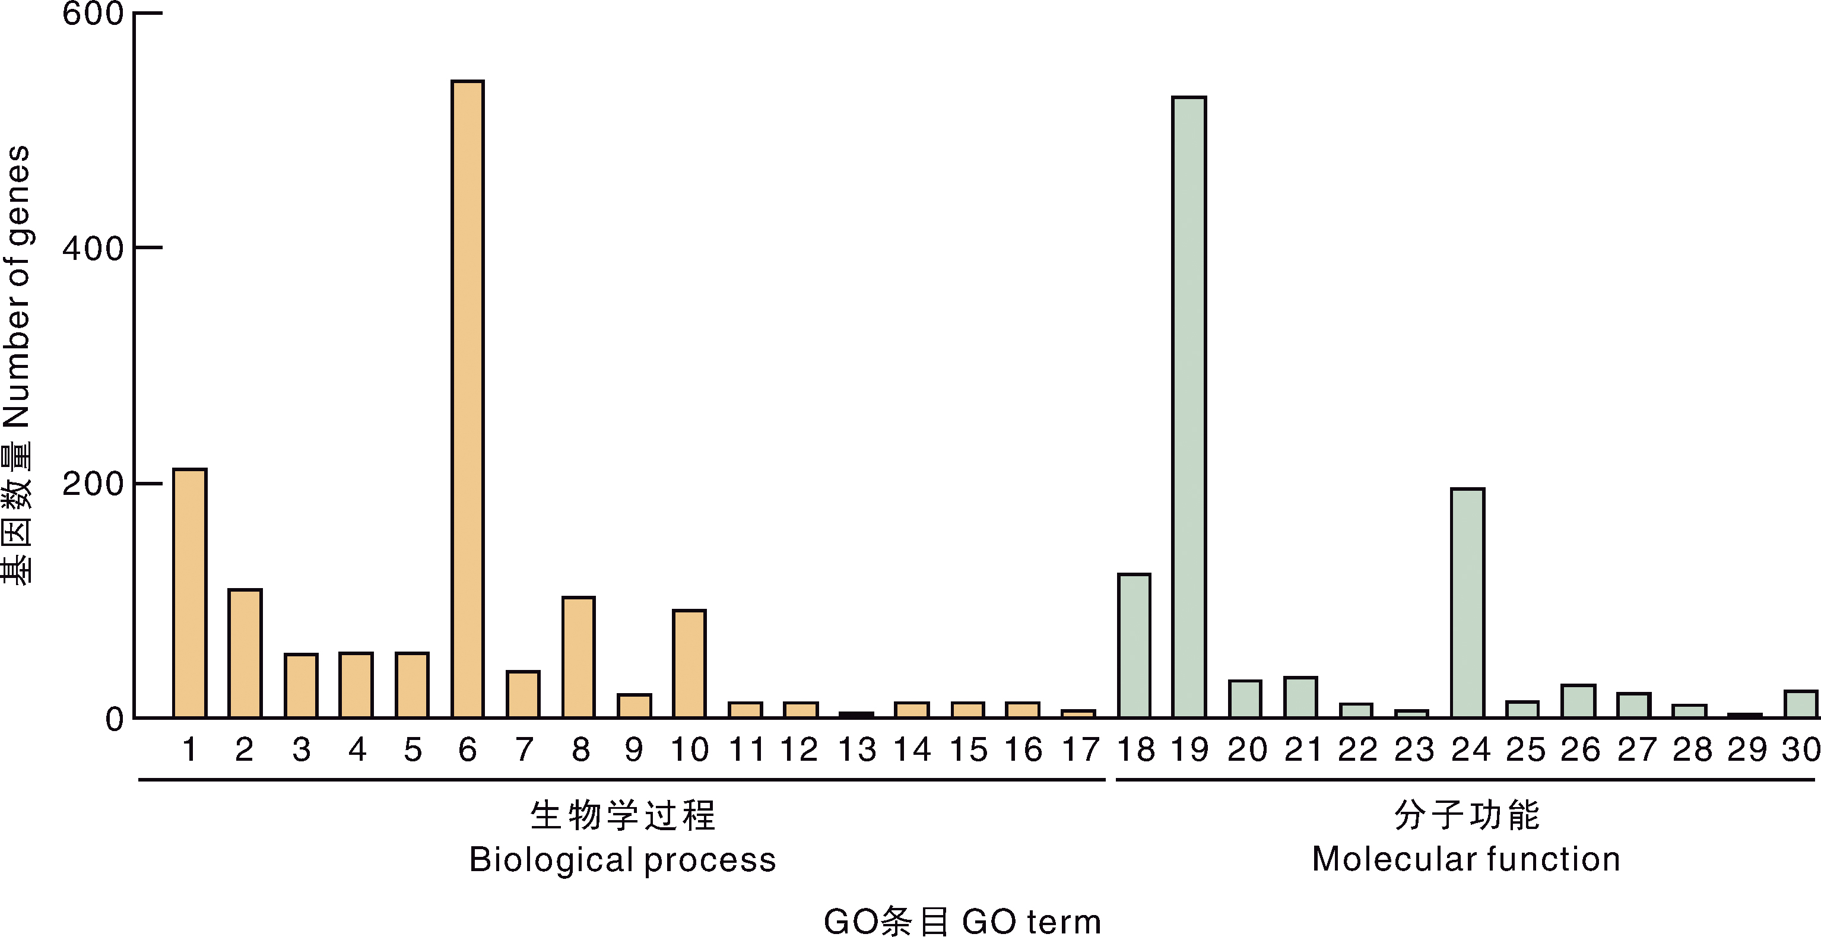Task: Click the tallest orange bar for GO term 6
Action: [468, 399]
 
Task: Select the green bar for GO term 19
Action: [1189, 407]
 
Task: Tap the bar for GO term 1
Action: [189, 593]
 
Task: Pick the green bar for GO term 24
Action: [1468, 603]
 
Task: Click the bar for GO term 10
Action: [689, 664]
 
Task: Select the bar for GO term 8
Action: [578, 657]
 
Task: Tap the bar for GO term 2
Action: [245, 653]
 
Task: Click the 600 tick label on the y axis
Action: [93, 14]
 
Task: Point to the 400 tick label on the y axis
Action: [93, 249]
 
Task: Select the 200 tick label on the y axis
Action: [93, 484]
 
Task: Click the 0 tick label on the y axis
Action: [115, 719]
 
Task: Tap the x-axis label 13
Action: [856, 749]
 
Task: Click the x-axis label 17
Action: [1080, 749]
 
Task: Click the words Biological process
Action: [623, 860]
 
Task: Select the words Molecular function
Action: [1466, 859]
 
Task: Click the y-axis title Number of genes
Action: [17, 286]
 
